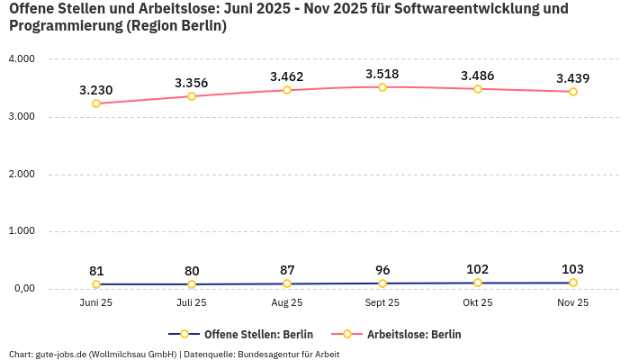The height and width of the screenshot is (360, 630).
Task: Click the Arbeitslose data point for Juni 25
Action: pos(96,103)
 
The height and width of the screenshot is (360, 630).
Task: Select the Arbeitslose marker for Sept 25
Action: pos(382,87)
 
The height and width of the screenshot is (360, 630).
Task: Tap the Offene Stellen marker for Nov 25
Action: pos(573,283)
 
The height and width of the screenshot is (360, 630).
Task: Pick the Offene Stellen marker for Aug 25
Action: pos(287,283)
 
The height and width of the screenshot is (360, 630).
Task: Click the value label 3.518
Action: pos(382,74)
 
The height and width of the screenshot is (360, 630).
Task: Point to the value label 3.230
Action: pos(96,90)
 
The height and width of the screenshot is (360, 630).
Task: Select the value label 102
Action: pos(478,269)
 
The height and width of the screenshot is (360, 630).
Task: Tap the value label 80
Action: pos(192,271)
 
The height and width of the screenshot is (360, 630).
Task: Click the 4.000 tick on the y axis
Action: pos(21,59)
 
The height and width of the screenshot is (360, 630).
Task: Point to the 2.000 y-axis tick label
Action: pos(21,174)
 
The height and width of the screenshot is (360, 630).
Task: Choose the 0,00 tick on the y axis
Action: pos(22,289)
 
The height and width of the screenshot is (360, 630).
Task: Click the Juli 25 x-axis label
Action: pos(192,303)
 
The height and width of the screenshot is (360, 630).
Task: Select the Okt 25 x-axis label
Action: pos(478,303)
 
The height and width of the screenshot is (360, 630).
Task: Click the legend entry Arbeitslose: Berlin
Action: pos(413,334)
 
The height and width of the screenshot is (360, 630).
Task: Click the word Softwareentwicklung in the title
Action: pos(491,9)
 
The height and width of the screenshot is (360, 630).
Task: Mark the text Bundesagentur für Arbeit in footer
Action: pos(288,354)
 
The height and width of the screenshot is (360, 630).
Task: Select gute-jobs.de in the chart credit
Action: pos(60,354)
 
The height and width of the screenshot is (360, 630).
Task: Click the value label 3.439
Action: pos(573,78)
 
